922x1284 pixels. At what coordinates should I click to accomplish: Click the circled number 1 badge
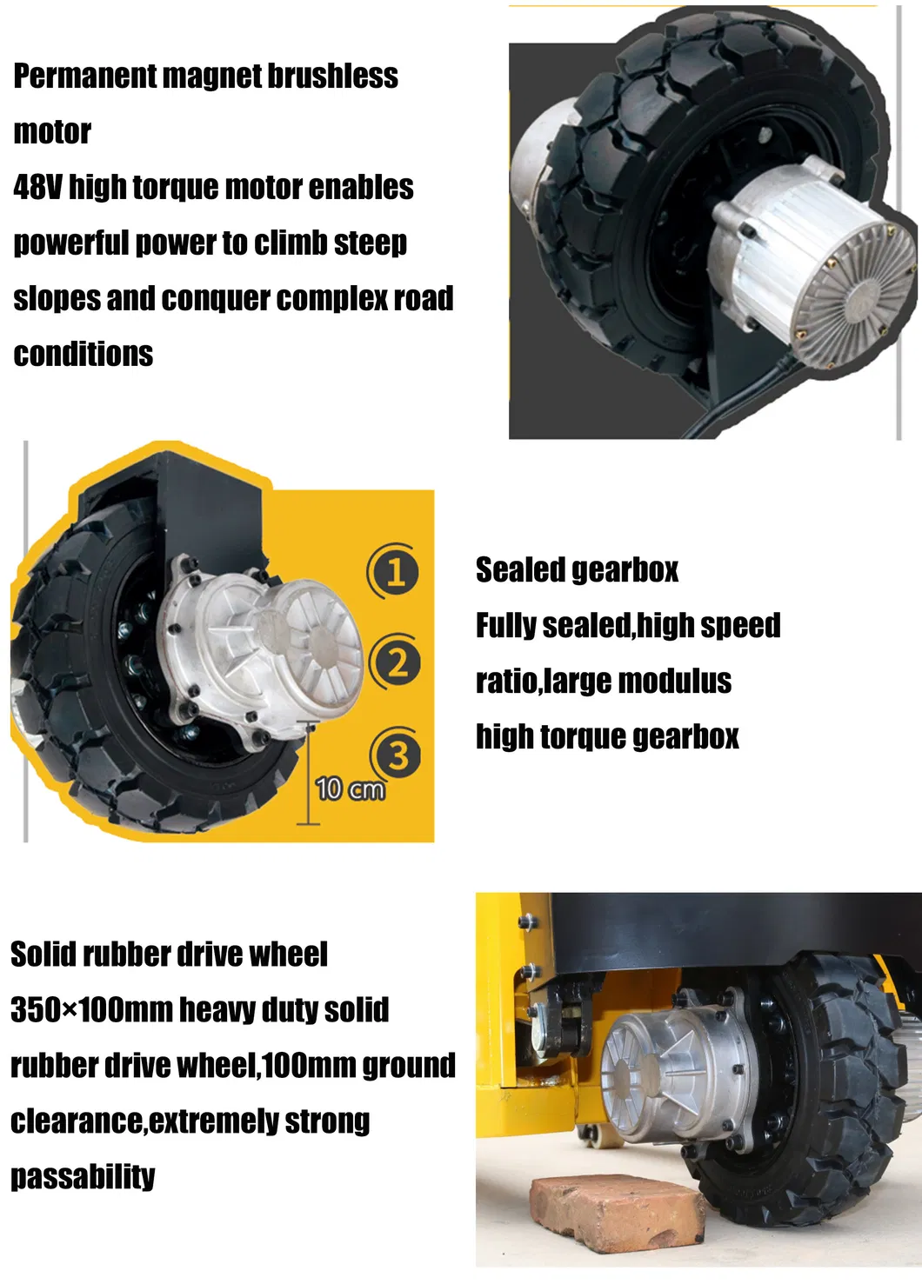[396, 572]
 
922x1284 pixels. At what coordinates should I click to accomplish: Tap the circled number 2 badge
[396, 662]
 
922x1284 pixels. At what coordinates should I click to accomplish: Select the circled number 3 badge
[397, 755]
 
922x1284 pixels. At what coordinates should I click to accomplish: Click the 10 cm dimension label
[350, 788]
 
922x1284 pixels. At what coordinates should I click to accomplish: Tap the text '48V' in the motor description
[37, 187]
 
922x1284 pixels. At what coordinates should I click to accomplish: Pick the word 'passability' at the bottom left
[83, 1177]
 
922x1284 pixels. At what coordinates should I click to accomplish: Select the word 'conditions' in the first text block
[84, 355]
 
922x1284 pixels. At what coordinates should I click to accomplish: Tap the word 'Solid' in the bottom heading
[43, 955]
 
